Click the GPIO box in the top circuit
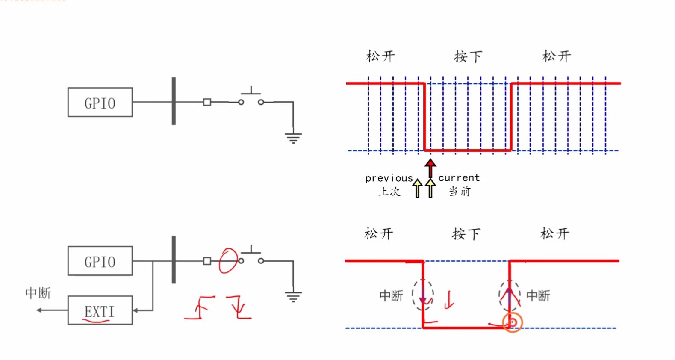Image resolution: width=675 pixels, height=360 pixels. (100, 102)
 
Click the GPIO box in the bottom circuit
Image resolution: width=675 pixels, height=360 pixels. (100, 261)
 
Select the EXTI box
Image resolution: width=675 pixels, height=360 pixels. (100, 310)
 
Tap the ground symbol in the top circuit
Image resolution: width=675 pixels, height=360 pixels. (293, 138)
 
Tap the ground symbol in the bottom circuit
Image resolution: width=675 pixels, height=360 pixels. (293, 296)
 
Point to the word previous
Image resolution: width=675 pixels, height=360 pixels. (389, 178)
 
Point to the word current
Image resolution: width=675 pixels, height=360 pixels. (459, 177)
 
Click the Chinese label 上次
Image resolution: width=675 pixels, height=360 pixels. (389, 191)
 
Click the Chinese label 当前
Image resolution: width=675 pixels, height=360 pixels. (460, 191)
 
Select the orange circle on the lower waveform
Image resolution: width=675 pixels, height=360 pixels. (512, 322)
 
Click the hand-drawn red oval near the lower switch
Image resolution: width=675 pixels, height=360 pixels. (228, 260)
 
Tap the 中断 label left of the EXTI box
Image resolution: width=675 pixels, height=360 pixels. (38, 293)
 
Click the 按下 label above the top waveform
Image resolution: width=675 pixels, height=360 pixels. (468, 56)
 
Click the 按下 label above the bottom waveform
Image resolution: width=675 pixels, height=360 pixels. (466, 234)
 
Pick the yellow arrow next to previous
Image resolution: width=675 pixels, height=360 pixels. (417, 189)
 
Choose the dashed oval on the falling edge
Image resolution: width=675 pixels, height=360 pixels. (423, 295)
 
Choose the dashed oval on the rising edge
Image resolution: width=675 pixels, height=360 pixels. (510, 295)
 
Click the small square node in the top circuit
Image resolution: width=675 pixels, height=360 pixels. (207, 102)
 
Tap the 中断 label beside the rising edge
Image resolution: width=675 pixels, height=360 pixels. (538, 295)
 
